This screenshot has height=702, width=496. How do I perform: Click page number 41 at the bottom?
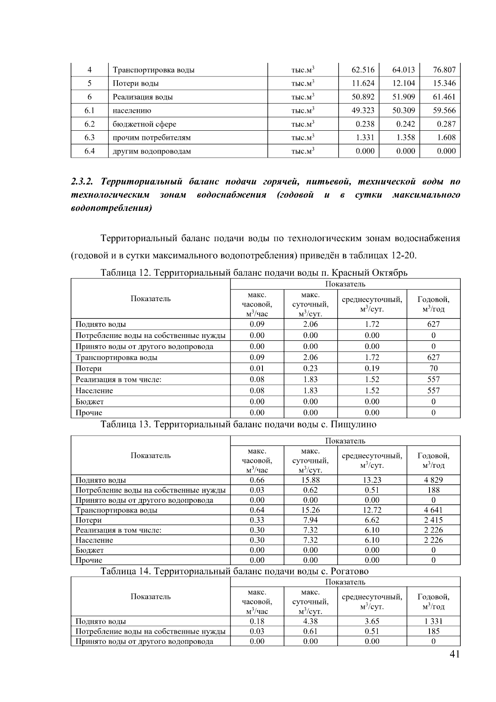pyautogui.click(x=454, y=654)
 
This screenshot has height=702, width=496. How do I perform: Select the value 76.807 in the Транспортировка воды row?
pyautogui.click(x=444, y=69)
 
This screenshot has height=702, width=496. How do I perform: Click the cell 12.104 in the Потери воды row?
pyautogui.click(x=403, y=83)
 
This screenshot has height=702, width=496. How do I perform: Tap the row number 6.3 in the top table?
pyautogui.click(x=89, y=137)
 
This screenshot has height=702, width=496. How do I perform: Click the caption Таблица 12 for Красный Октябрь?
pyautogui.click(x=254, y=273)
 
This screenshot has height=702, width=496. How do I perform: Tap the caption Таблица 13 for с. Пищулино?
pyautogui.click(x=238, y=424)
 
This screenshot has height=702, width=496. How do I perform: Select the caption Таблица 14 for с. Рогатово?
pyautogui.click(x=234, y=571)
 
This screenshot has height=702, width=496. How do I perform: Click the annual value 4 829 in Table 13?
pyautogui.click(x=433, y=480)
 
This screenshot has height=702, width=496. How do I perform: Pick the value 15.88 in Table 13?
pyautogui.click(x=310, y=480)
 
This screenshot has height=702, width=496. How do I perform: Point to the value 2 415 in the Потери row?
pyautogui.click(x=433, y=520)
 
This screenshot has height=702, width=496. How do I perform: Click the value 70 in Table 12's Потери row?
pyautogui.click(x=433, y=368)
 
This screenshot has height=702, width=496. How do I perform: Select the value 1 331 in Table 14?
pyautogui.click(x=433, y=621)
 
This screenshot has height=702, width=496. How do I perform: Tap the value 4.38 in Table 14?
pyautogui.click(x=310, y=621)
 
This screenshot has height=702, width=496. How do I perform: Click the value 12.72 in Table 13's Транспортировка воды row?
pyautogui.click(x=372, y=510)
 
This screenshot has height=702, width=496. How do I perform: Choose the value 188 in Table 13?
pyautogui.click(x=433, y=490)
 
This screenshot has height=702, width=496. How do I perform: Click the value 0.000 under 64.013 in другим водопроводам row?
pyautogui.click(x=405, y=151)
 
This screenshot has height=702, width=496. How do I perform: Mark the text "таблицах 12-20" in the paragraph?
pyautogui.click(x=382, y=255)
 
